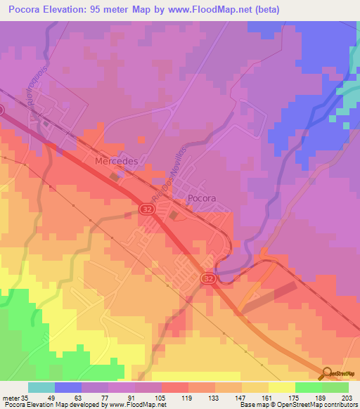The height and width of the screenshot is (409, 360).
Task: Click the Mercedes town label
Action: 115,161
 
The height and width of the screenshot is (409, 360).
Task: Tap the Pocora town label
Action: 202,199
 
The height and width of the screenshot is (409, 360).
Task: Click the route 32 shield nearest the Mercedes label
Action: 146,210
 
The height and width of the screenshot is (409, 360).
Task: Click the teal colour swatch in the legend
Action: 41,387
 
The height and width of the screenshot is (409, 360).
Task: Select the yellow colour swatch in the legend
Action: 281,387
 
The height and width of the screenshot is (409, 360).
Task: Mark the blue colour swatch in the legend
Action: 68,387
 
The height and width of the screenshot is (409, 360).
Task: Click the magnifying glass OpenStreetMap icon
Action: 327,374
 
